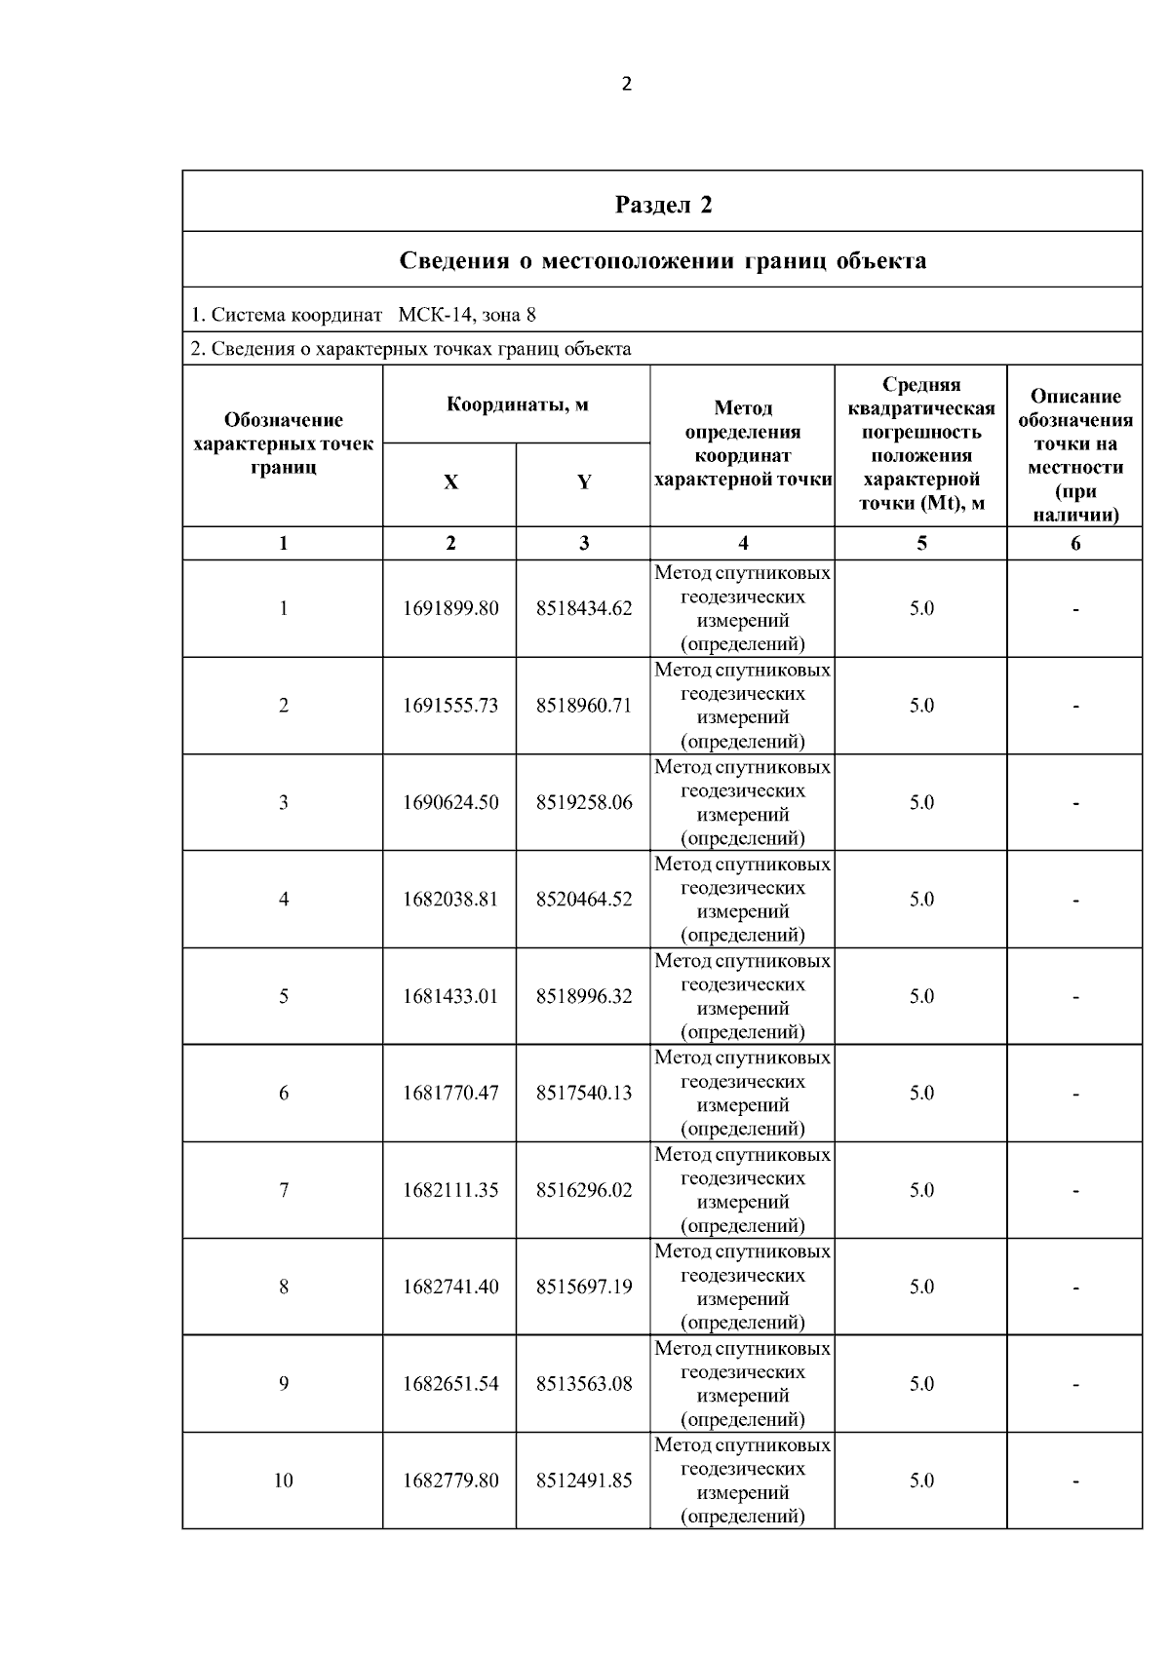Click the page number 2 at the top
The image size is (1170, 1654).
coord(626,84)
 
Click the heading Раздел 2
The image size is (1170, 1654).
coord(663,205)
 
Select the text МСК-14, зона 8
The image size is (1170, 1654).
coord(467,315)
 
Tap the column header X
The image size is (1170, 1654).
coord(450,482)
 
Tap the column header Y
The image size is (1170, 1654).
coord(583,482)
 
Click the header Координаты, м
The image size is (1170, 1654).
coord(517,404)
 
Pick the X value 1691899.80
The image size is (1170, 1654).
coord(450,608)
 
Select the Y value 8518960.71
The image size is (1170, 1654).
coord(584,705)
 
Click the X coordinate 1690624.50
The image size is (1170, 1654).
coord(450,802)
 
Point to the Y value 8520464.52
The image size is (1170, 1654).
coord(584,899)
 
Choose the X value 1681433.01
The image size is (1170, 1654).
coord(450,996)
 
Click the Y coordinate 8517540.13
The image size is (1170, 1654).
coord(584,1093)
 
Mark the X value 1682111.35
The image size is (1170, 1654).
coord(450,1190)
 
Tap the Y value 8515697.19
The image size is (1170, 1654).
coord(584,1287)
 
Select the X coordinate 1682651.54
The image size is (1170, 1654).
coord(450,1384)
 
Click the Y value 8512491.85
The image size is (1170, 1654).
coord(584,1481)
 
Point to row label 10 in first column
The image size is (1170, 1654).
coord(283,1481)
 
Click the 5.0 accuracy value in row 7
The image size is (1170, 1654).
coord(921,1190)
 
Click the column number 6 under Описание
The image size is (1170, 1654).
coord(1075,544)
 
